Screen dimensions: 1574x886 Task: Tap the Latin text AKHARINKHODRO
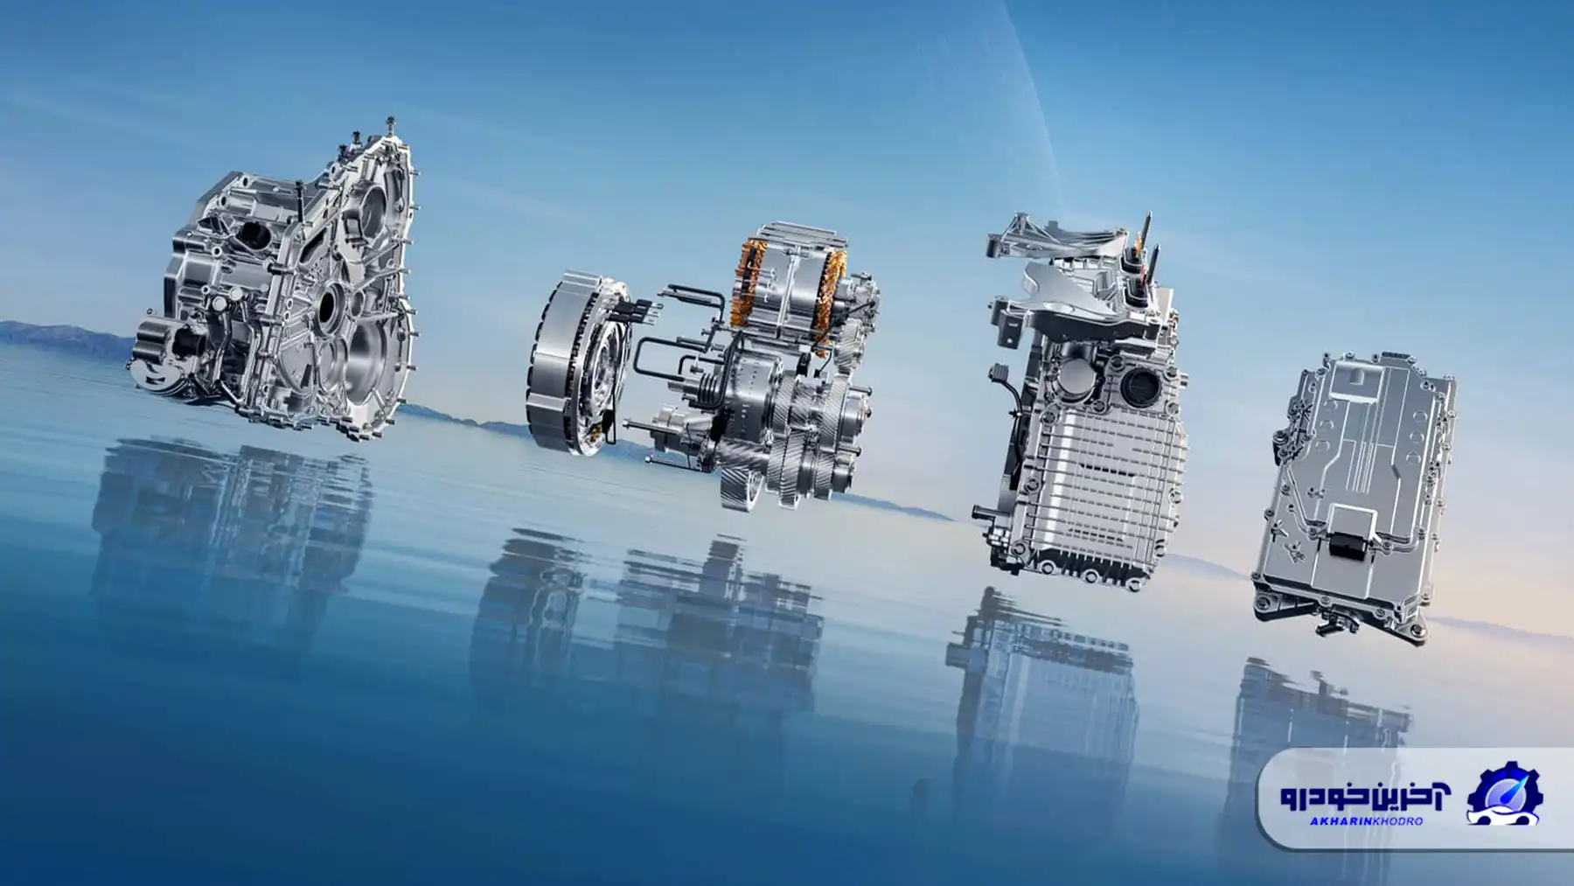(1366, 821)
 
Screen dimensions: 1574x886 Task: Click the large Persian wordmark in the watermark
(1365, 794)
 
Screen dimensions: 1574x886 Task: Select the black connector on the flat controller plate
(1350, 547)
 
